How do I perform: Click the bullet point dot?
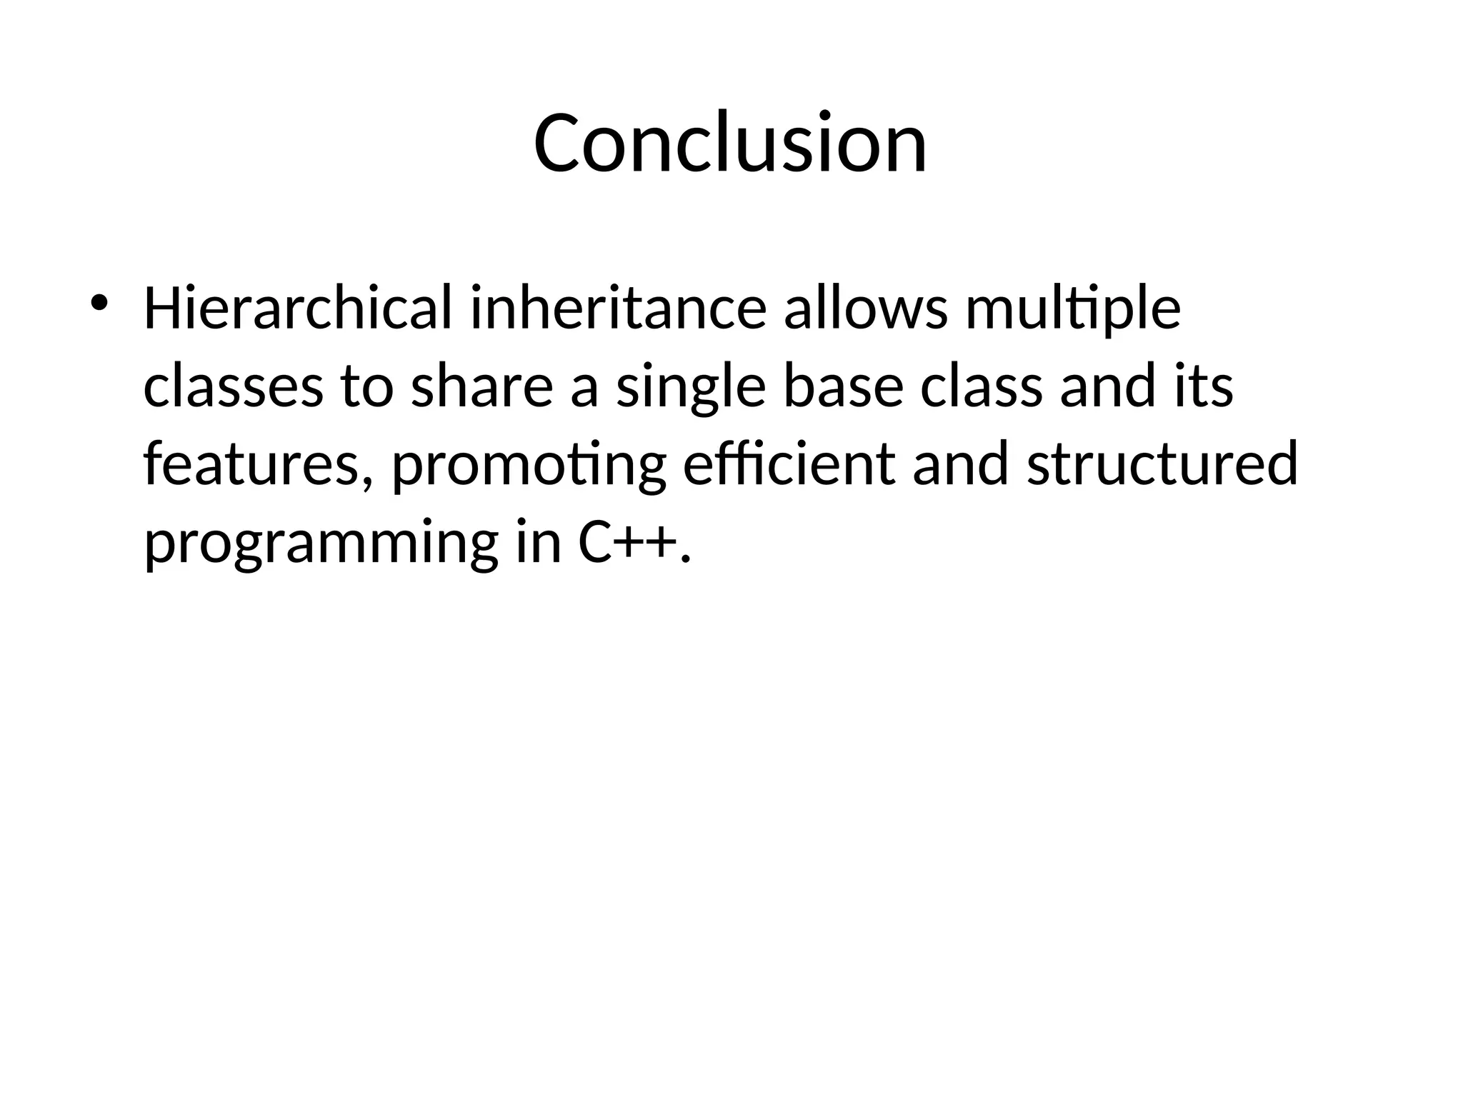98,302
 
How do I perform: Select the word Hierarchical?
298,309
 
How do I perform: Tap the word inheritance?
619,309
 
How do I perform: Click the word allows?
866,309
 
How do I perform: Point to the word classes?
234,386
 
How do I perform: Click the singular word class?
982,386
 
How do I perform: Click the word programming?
321,545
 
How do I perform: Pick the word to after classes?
367,386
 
